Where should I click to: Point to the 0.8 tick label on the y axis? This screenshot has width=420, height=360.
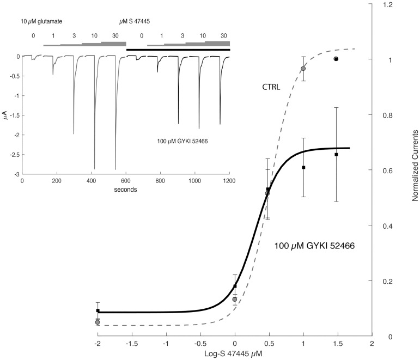click(387, 115)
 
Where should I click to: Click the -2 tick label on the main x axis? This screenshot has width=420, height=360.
click(97, 344)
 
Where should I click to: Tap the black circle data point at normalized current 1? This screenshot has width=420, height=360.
click(336, 59)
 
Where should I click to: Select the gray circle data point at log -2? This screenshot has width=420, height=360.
click(98, 322)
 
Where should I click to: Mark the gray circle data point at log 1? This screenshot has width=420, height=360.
click(303, 69)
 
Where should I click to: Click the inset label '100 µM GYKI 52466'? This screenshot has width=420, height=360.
click(181, 142)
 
